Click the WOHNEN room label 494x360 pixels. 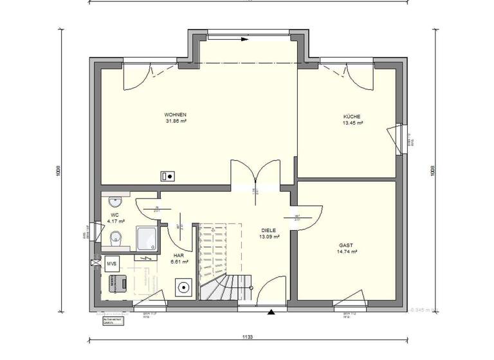[176, 114]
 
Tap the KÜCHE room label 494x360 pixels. [353, 116]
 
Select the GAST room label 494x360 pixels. [346, 246]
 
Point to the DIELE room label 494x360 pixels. [270, 230]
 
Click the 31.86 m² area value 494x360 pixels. [176, 121]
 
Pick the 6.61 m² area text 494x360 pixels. [179, 262]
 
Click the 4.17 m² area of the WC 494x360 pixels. [116, 221]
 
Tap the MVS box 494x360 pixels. [111, 264]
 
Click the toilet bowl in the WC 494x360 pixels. [116, 237]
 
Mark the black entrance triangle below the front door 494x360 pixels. [272, 313]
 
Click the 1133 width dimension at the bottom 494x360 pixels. [248, 337]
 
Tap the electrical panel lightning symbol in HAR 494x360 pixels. [149, 258]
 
